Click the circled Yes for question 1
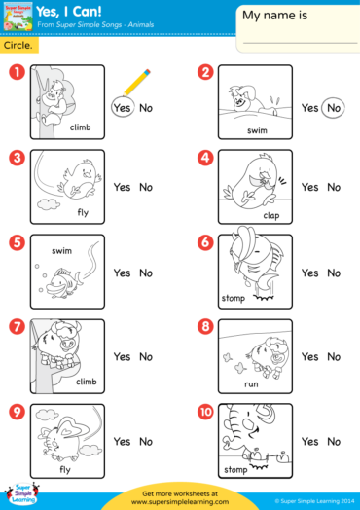(122, 108)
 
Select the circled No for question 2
(334, 108)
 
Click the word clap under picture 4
(270, 215)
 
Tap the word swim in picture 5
(62, 250)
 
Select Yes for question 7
(122, 357)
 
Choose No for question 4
(334, 188)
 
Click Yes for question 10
(309, 442)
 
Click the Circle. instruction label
(17, 46)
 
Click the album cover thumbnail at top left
(17, 18)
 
